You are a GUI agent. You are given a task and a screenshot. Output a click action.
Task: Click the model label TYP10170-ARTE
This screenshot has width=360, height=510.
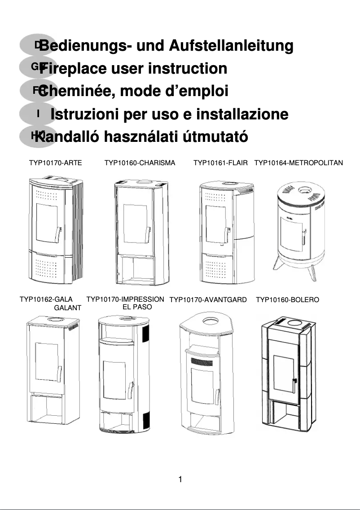click(56, 163)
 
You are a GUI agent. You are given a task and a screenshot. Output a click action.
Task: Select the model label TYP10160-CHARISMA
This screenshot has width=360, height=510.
click(140, 163)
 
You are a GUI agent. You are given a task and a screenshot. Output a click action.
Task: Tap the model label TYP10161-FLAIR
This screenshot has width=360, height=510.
click(220, 163)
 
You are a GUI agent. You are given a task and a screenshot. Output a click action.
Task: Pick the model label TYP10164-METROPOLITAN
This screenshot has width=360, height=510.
click(299, 163)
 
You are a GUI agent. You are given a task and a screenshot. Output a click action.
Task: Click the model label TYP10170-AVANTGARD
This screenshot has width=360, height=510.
click(208, 300)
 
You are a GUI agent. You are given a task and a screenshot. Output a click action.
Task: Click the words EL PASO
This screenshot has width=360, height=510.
click(137, 308)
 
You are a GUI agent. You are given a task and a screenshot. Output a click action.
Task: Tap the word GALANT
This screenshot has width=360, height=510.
click(67, 308)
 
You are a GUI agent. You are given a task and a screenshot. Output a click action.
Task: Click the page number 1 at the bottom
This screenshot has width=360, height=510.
click(180, 479)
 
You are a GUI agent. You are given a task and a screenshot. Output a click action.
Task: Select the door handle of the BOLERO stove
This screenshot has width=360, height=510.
click(294, 381)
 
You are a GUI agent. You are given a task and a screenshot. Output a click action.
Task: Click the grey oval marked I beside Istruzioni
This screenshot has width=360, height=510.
click(38, 114)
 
